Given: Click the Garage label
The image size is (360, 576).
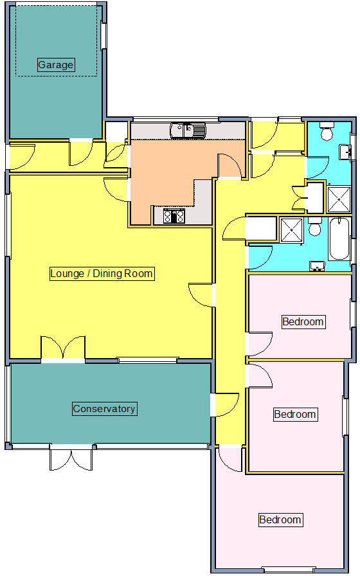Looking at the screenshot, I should click(56, 65).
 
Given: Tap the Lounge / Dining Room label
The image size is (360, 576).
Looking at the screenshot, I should click(102, 274).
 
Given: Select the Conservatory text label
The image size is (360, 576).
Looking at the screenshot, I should click(104, 409).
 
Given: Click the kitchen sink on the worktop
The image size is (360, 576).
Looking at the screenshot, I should click(188, 130).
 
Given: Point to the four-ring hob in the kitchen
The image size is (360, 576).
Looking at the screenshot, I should click(174, 216).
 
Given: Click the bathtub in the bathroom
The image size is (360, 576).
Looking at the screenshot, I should click(339, 239).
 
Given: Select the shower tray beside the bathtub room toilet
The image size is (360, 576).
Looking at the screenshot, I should click(291, 230).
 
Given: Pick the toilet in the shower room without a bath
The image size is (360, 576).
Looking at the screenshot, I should click(327, 132).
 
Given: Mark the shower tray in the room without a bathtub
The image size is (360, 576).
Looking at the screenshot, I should click(339, 199).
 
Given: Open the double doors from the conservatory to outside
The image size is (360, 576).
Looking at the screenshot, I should click(71, 458).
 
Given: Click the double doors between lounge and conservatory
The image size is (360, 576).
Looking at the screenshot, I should click(62, 347).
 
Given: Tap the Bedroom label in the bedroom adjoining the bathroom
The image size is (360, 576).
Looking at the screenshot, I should click(303, 321).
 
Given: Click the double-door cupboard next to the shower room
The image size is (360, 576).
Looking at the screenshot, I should click(300, 198).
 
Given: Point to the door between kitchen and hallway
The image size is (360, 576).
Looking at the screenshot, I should click(230, 166).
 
